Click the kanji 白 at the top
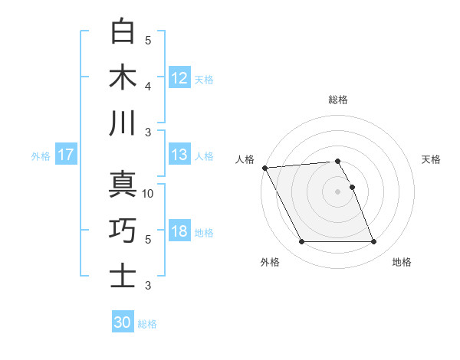123,31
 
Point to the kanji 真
123,184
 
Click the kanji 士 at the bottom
123,275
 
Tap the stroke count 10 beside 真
148,194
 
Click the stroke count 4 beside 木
148,87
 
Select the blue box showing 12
179,78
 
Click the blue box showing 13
179,155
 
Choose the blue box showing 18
179,232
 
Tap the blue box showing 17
65,155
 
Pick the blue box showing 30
123,322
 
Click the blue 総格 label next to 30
147,324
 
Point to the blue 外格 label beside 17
41,156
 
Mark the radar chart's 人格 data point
264,168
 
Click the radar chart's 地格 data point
373,242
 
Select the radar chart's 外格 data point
301,242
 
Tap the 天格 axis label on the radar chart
431,159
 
